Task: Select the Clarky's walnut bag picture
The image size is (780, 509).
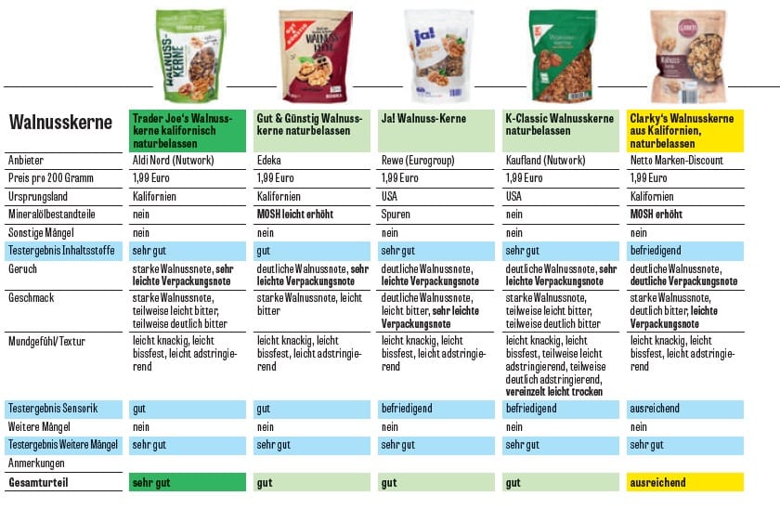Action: click(x=688, y=55)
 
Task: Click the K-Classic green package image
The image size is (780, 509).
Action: click(x=562, y=55)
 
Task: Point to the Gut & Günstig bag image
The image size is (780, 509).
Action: click(x=315, y=55)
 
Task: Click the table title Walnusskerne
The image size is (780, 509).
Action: click(x=60, y=122)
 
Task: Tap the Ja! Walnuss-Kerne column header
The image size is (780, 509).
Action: click(x=423, y=119)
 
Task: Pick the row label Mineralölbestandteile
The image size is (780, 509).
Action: click(x=55, y=215)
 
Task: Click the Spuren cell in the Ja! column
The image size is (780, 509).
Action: click(x=396, y=215)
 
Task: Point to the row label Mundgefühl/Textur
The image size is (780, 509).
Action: click(x=46, y=341)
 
